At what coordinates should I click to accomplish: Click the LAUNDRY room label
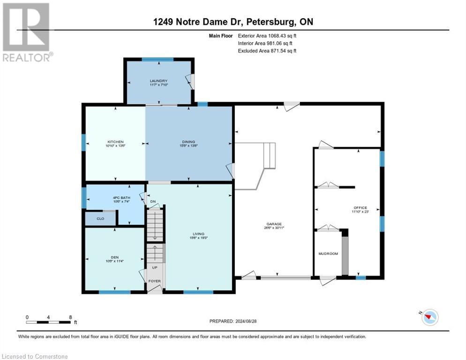158,81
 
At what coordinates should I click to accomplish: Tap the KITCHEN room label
115,142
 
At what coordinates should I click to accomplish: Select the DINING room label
188,142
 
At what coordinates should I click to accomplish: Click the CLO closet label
100,218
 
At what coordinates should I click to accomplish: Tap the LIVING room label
198,234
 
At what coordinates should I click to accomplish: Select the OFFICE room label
361,208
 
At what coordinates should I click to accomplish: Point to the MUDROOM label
328,254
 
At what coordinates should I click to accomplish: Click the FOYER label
155,281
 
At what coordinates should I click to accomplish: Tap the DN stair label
152,202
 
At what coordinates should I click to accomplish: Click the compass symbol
429,318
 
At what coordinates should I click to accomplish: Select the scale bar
49,322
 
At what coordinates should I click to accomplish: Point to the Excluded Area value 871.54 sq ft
282,51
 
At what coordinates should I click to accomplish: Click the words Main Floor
220,35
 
